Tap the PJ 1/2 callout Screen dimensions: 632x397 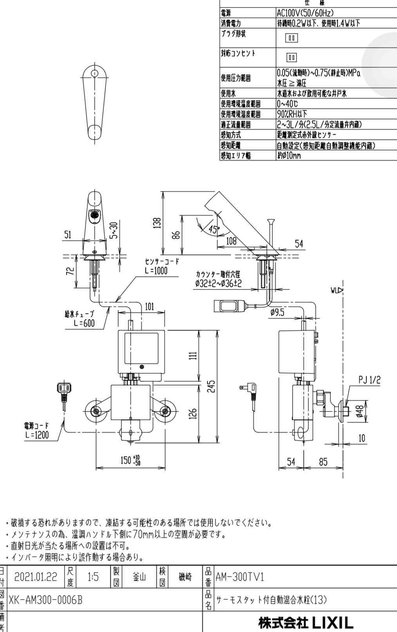pos(369,380)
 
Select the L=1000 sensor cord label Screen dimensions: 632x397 pos(156,271)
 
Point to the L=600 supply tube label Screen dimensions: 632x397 pos(84,323)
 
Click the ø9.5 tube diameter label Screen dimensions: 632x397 pos(277,312)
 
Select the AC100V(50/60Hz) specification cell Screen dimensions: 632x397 pos(306,13)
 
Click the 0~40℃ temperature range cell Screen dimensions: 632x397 pos(288,104)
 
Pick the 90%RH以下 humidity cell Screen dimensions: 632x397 pos(292,114)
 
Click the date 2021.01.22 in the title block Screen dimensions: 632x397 pos(36,577)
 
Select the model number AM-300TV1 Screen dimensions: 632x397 pos(240,577)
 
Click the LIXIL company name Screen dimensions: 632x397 pos(305,622)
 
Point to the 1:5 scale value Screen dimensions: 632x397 pos(93,577)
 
